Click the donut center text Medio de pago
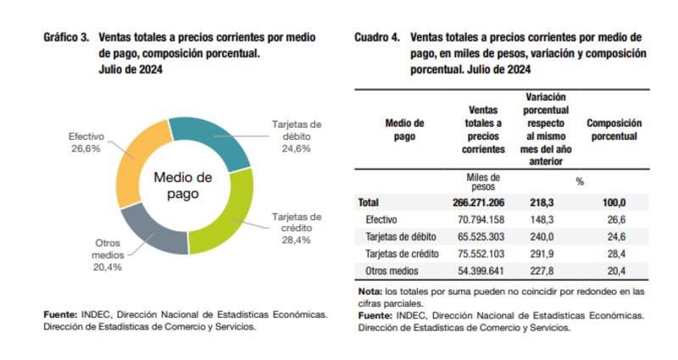pyautogui.click(x=182, y=186)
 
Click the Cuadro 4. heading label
pyautogui.click(x=376, y=38)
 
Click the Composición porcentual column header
pyautogui.click(x=614, y=130)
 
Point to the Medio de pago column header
pyautogui.click(x=404, y=130)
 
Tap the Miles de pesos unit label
pyautogui.click(x=483, y=181)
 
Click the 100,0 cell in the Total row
pyautogui.click(x=614, y=203)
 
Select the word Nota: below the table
pyautogui.click(x=369, y=292)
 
